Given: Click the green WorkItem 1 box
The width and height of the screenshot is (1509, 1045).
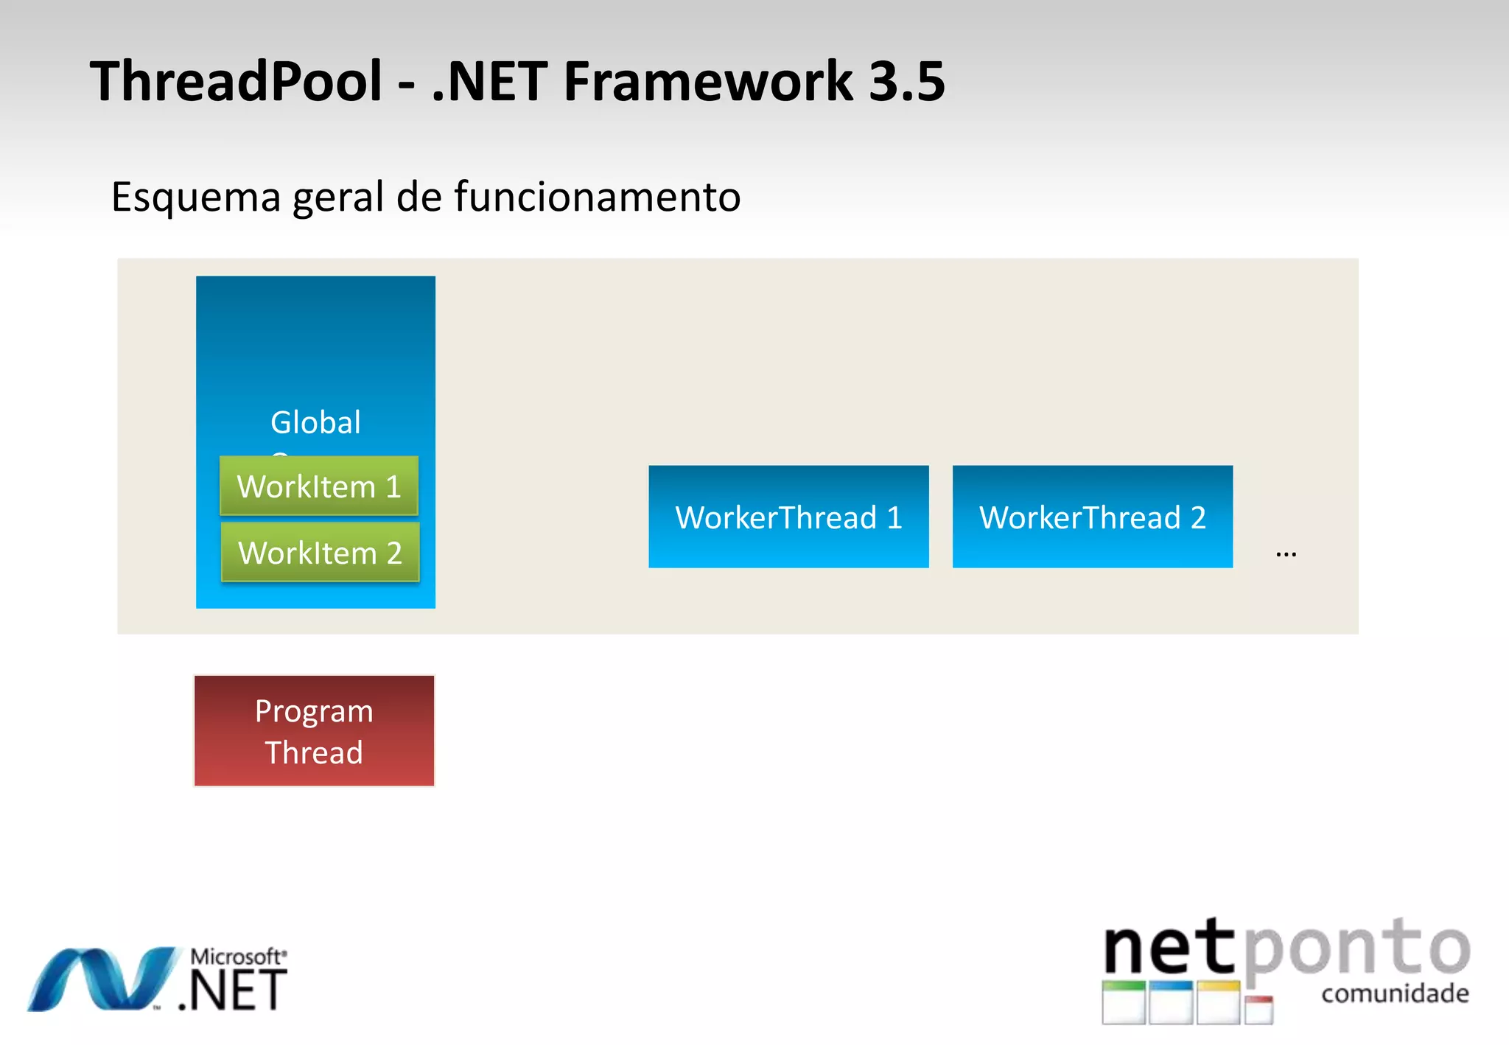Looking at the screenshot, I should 319,486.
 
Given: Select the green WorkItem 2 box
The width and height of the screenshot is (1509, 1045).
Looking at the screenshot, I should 321,552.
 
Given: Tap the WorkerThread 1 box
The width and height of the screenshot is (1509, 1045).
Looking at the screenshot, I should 788,517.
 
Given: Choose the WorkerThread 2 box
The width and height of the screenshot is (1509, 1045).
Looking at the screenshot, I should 1092,517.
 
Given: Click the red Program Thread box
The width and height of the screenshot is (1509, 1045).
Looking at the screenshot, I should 314,731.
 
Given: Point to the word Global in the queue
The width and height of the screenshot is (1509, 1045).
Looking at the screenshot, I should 315,422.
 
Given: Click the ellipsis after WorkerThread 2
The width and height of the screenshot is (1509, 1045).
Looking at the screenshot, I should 1286,553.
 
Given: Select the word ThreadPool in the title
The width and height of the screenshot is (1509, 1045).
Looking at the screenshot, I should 236,81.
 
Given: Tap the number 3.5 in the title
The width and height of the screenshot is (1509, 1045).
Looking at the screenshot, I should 906,81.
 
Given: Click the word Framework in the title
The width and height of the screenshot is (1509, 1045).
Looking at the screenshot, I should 707,81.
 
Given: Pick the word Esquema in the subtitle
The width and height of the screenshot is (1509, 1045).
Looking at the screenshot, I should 196,197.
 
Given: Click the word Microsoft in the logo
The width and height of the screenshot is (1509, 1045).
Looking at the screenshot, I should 236,957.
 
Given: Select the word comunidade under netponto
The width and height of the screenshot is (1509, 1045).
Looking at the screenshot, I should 1395,993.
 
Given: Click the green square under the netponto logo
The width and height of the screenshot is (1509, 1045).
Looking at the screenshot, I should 1124,1002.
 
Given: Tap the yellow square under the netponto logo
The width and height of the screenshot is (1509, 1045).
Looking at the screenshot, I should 1218,1002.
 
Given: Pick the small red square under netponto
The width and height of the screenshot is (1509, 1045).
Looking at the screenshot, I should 1259,1010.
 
